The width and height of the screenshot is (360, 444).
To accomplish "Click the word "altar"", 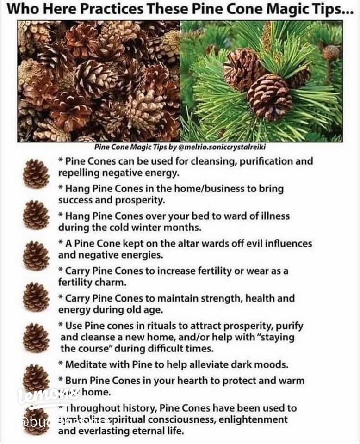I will coord(174,243).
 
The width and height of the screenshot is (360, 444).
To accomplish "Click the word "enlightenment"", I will coord(254,419).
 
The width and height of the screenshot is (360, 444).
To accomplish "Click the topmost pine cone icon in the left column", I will coord(36,173).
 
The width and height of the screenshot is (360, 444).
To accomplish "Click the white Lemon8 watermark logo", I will coord(48,396).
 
